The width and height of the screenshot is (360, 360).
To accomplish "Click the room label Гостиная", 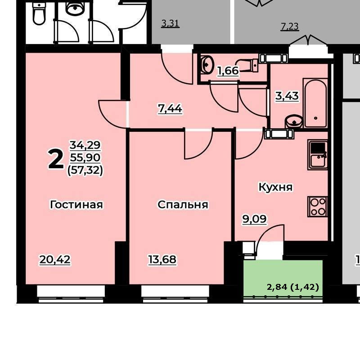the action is point(76,204).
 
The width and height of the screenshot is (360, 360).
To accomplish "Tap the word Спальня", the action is point(183,205).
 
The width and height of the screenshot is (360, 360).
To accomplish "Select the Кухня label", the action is point(275,187).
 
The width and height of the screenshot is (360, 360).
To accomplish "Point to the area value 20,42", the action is point(55,260).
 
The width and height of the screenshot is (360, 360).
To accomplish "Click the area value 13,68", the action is point(162,260).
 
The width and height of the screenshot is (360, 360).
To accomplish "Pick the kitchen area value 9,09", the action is point(255,219).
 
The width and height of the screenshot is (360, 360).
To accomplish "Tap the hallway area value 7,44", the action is point(170,108).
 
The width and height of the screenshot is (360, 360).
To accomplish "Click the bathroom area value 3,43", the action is point(287,96).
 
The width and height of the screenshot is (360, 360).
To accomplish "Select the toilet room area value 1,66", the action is point(228,71).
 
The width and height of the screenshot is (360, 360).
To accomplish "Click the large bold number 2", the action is point(56,158).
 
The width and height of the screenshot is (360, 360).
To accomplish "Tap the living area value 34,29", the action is point(85,145).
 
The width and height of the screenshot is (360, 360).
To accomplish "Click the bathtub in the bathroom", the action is point(315,103).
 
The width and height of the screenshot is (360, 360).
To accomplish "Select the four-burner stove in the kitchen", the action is point(318,207).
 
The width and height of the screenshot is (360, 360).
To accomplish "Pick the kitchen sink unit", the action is point(318,155).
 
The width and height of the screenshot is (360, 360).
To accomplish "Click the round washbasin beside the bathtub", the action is point(294,121).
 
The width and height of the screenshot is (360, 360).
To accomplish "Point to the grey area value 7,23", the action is point(290,27).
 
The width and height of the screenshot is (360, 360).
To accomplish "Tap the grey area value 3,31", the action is point(170,23).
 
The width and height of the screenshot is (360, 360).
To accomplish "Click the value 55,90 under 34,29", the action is point(85,157).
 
